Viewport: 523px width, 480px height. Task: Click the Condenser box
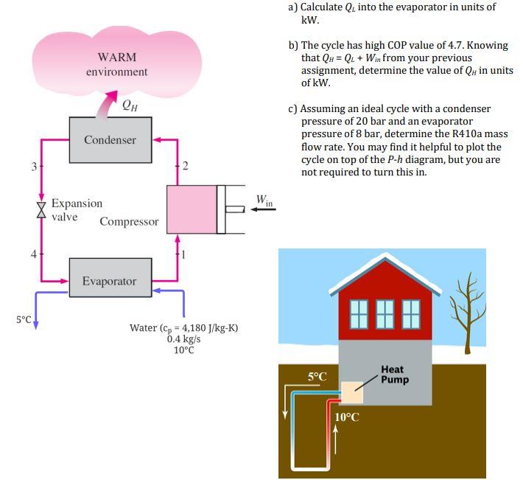(x=110, y=140)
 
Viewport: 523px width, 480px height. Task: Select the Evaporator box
(x=110, y=281)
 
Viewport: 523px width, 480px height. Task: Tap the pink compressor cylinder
(x=192, y=209)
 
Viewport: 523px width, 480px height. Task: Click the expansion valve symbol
(x=41, y=209)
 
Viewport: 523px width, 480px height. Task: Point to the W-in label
(x=264, y=200)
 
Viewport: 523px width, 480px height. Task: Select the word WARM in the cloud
(x=116, y=58)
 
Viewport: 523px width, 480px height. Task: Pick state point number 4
(x=33, y=254)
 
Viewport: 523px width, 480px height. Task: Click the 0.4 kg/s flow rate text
(x=183, y=339)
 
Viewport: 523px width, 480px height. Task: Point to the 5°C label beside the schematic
(x=24, y=319)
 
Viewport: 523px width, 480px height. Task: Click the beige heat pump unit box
(x=352, y=392)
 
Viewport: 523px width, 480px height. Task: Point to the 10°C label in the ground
(x=348, y=417)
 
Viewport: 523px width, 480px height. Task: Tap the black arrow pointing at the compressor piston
(x=263, y=209)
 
